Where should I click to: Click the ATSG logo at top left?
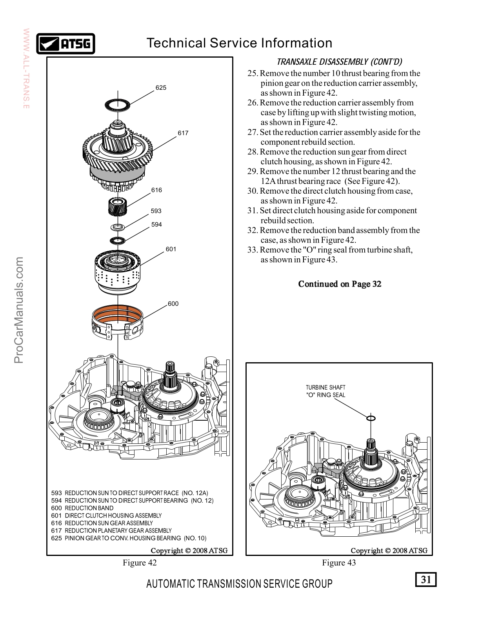(x=65, y=44)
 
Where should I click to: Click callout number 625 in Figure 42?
(x=161, y=88)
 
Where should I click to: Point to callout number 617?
(x=183, y=133)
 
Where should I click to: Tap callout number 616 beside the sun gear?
(x=156, y=190)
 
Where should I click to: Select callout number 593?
(x=156, y=211)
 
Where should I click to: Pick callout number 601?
(x=171, y=249)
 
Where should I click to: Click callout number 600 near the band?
(x=173, y=304)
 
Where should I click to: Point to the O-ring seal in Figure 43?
(x=371, y=418)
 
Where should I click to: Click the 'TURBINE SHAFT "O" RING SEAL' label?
(x=325, y=391)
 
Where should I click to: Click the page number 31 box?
(x=426, y=579)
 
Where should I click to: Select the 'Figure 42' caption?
(x=140, y=563)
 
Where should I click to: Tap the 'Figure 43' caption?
(x=339, y=563)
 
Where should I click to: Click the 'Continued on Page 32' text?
(x=340, y=284)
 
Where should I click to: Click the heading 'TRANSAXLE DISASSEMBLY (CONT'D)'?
(x=340, y=62)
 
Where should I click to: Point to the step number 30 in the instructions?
(x=253, y=191)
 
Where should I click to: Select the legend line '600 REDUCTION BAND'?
(x=82, y=508)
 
